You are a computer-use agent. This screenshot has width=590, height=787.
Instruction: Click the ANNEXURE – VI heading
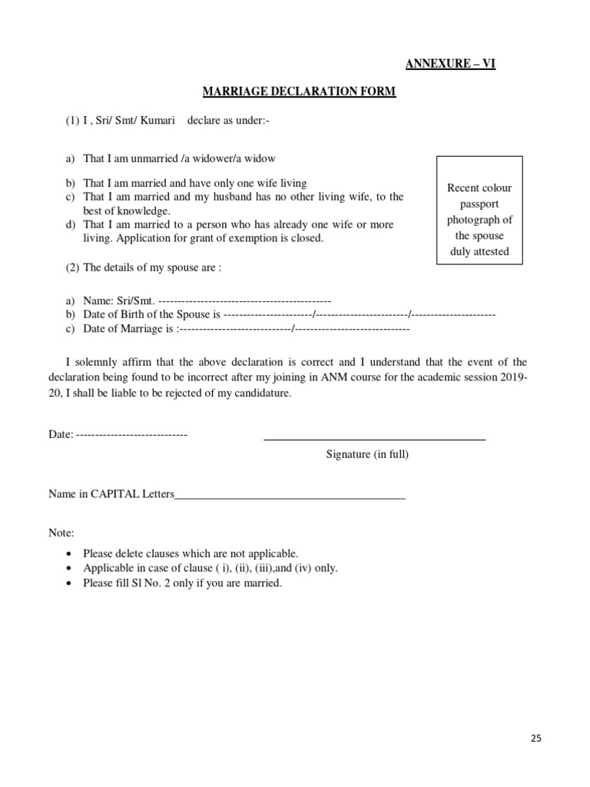click(x=449, y=64)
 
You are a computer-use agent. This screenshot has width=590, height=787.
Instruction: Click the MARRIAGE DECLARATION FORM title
click(x=299, y=92)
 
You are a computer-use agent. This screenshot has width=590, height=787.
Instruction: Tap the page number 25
click(x=535, y=739)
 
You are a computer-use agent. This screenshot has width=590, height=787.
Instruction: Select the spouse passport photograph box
click(x=479, y=211)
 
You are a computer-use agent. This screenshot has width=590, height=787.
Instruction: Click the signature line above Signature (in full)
click(x=374, y=440)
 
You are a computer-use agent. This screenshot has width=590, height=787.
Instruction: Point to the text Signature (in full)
click(x=367, y=454)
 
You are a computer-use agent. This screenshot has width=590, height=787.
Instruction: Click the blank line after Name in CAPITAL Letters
click(x=290, y=497)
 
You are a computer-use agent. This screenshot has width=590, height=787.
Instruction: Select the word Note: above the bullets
click(x=61, y=533)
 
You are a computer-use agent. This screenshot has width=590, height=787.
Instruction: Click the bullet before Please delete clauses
click(x=71, y=554)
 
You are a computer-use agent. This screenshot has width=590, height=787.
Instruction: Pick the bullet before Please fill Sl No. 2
click(x=71, y=583)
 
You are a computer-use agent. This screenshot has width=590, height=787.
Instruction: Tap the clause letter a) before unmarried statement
click(x=71, y=159)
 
